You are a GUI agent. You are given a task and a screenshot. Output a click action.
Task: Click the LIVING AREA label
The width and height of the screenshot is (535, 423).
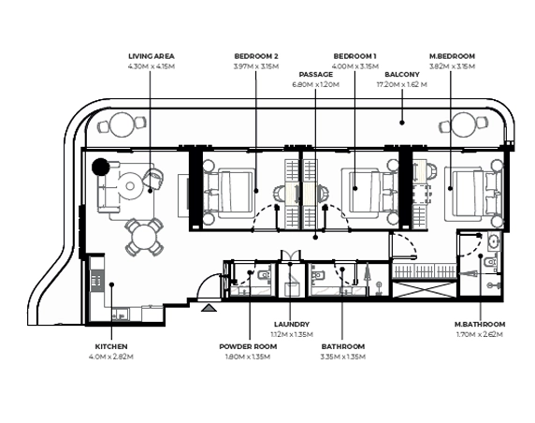point(152,56)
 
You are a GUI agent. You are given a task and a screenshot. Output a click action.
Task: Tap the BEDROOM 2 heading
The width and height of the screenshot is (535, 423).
point(256,56)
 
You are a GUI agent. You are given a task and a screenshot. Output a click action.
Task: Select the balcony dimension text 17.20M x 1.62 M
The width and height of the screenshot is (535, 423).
point(401,84)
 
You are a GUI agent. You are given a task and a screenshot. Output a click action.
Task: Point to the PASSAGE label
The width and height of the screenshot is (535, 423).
point(315,75)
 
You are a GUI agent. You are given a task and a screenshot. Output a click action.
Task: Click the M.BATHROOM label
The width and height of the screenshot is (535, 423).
point(480,325)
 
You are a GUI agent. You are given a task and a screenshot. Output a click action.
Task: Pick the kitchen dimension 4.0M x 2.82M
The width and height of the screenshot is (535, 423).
point(111,357)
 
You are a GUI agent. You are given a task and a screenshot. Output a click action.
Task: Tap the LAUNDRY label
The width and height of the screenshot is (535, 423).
point(292,325)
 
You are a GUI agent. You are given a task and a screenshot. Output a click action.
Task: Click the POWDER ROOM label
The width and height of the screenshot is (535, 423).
point(248,346)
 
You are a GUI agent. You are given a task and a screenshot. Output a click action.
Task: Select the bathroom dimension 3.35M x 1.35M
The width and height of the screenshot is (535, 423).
point(343,357)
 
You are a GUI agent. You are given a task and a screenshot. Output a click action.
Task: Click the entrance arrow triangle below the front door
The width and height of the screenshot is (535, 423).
point(209,308)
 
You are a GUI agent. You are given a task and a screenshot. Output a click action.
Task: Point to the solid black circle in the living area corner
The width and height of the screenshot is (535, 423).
point(101,167)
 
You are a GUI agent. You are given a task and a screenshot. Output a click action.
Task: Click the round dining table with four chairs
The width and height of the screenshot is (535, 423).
point(144,238)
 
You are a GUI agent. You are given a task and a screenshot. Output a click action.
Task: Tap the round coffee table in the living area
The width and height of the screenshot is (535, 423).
point(130,186)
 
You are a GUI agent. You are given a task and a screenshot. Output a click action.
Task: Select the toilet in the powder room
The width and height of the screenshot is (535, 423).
point(264,274)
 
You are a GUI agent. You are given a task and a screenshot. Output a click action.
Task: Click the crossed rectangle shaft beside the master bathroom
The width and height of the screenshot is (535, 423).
point(424,289)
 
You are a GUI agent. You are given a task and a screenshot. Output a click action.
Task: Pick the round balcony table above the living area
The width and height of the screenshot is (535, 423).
point(123,125)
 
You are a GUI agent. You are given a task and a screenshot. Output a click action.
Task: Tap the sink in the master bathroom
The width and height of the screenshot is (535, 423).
point(493,241)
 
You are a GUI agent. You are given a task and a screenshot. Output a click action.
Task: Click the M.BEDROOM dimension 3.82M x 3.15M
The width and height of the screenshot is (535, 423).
point(452,66)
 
